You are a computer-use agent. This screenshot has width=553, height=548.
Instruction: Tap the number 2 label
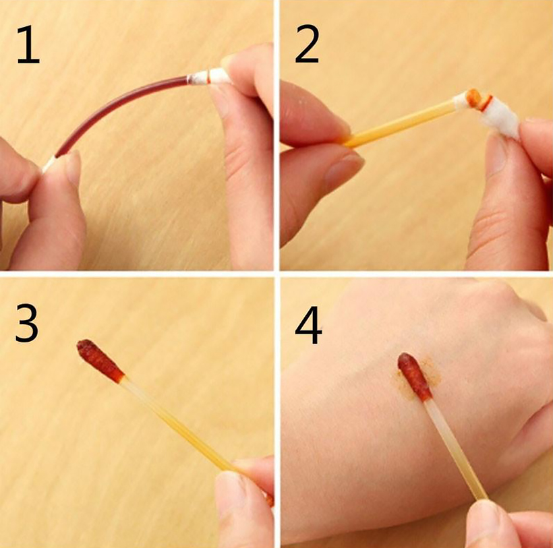(307, 44)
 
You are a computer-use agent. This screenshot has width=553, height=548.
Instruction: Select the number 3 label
(27, 323)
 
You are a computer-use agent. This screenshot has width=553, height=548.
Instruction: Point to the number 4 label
(308, 325)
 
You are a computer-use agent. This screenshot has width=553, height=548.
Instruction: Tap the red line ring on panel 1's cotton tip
(209, 76)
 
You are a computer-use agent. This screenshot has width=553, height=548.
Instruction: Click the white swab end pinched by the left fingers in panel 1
(49, 164)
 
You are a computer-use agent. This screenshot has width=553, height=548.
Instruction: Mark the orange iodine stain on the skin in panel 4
(418, 379)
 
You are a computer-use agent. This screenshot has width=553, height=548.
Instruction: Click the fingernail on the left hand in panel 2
(344, 169)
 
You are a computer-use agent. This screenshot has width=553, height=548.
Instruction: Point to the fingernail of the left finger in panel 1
(72, 166)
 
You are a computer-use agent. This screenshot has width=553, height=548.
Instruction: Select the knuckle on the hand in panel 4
(494, 295)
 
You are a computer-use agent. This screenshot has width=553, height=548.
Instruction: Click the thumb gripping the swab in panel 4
(494, 525)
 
